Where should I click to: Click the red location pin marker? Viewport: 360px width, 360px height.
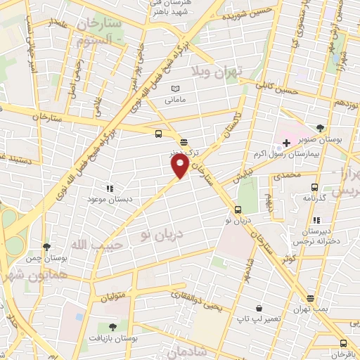click(180, 166)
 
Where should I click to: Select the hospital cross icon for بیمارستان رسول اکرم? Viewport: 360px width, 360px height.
click(287, 143)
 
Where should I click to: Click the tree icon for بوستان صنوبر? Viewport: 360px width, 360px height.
click(321, 128)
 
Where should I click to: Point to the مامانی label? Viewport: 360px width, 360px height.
click(177, 101)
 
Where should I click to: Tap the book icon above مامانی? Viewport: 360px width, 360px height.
click(176, 89)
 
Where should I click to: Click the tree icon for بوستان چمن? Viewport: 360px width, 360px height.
click(46, 247)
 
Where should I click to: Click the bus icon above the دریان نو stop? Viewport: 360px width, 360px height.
click(238, 209)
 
